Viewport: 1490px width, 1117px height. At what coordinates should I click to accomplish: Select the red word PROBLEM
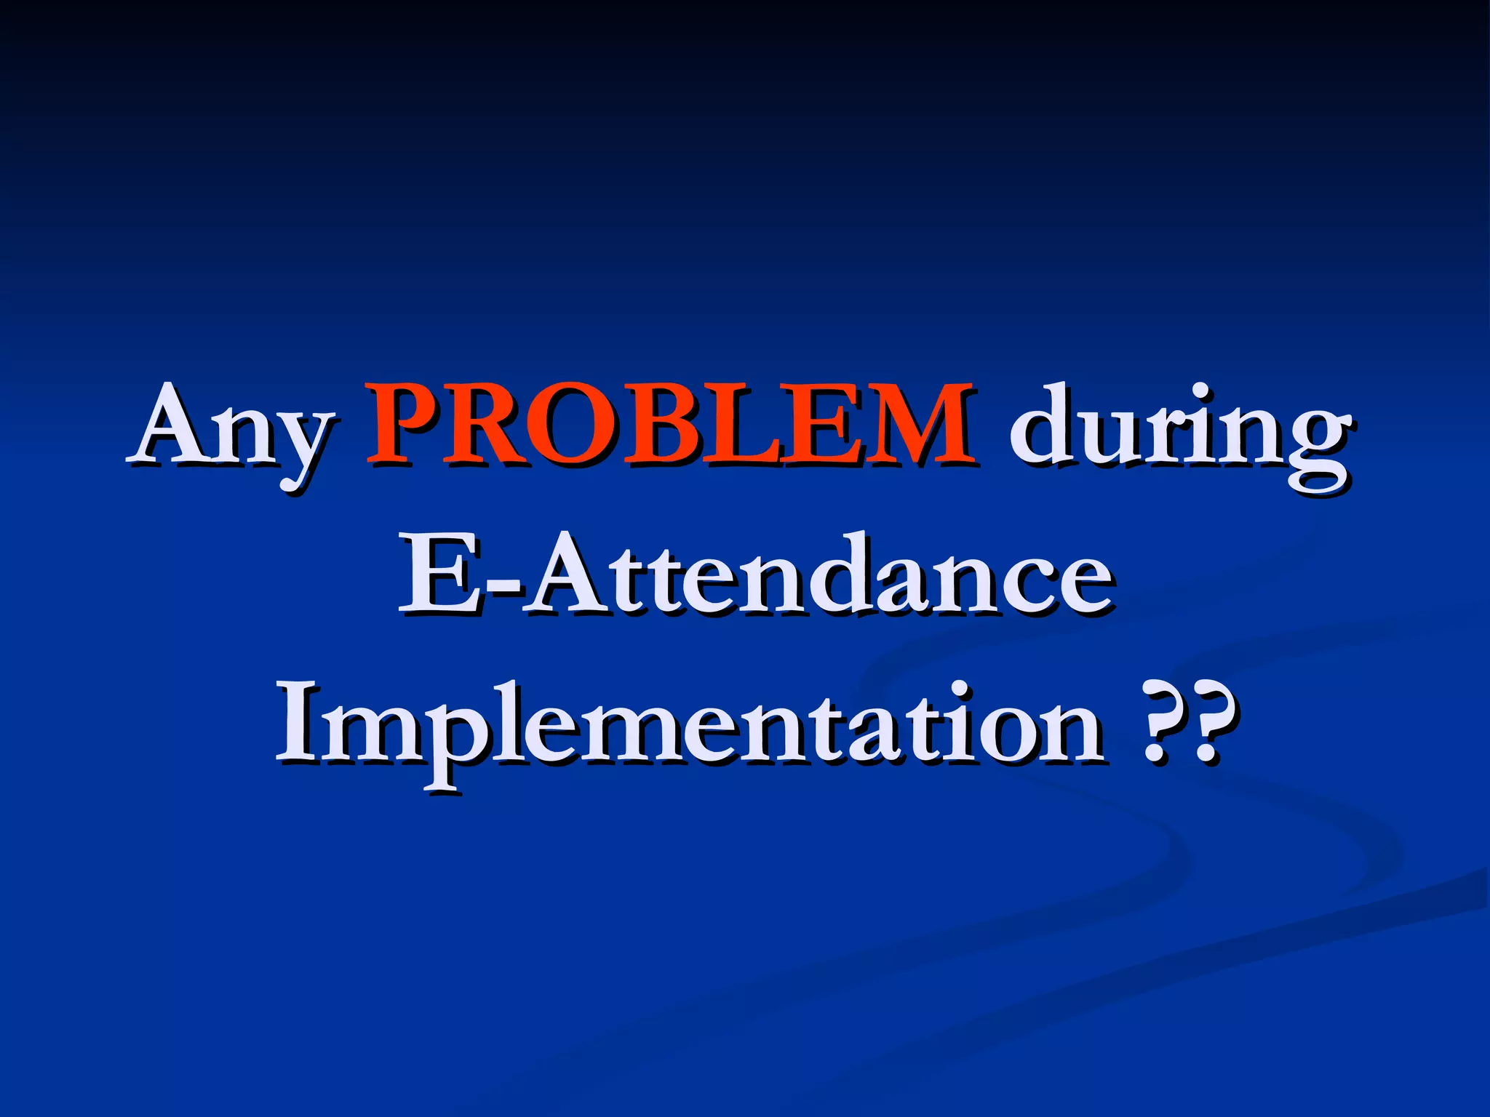(x=671, y=425)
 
